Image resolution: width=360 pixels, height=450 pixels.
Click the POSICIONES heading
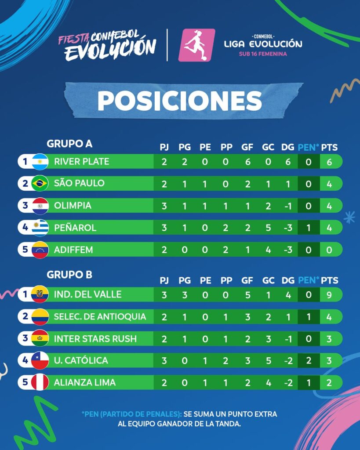click(x=180, y=101)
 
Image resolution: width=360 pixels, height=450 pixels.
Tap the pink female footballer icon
click(x=196, y=45)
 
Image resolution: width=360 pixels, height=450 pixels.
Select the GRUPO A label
click(x=69, y=144)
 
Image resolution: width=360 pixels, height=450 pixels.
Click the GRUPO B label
click(x=69, y=275)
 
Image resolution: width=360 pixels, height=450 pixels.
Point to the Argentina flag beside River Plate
click(x=40, y=162)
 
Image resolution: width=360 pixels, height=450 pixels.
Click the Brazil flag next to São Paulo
click(x=40, y=183)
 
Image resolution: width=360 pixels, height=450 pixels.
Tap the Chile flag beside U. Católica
click(x=40, y=360)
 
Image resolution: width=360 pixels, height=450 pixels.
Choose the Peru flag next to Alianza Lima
click(x=40, y=382)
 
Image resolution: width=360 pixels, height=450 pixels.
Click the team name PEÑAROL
click(x=75, y=228)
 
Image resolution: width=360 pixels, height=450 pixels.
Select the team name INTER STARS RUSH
click(x=95, y=339)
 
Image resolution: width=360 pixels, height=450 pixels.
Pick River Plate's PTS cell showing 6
click(x=329, y=162)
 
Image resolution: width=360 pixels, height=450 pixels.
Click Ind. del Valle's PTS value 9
click(x=329, y=295)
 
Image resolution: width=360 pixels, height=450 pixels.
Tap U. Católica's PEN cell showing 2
click(x=309, y=360)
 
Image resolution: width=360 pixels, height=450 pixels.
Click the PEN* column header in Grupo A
click(x=308, y=147)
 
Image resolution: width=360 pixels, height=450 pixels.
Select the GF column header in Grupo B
click(x=247, y=280)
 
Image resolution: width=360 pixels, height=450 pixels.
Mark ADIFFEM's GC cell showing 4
click(x=268, y=250)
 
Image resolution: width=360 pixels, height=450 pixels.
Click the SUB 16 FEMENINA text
click(x=263, y=54)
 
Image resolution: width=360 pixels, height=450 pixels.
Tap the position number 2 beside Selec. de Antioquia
click(x=25, y=316)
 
